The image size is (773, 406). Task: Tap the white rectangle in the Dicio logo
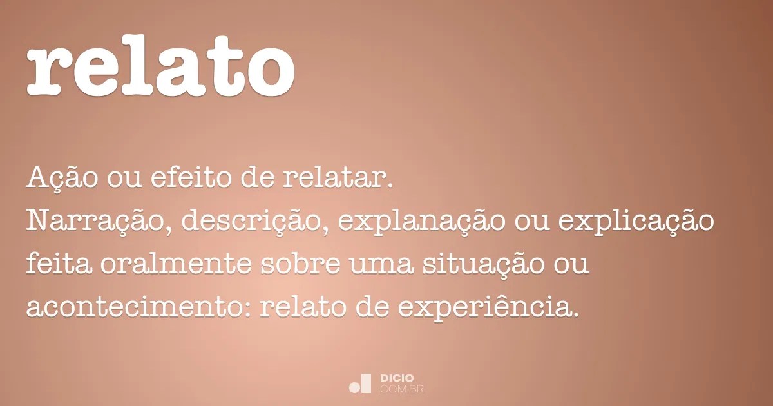[367, 383]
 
